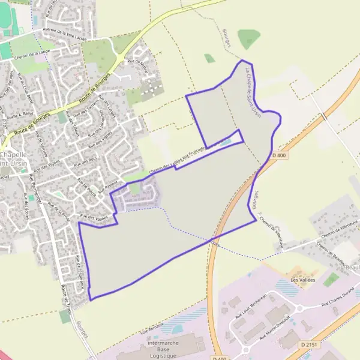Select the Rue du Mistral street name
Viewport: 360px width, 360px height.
click(x=137, y=64)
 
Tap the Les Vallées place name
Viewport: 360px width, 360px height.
click(x=302, y=280)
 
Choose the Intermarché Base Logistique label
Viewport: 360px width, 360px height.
click(x=161, y=350)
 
